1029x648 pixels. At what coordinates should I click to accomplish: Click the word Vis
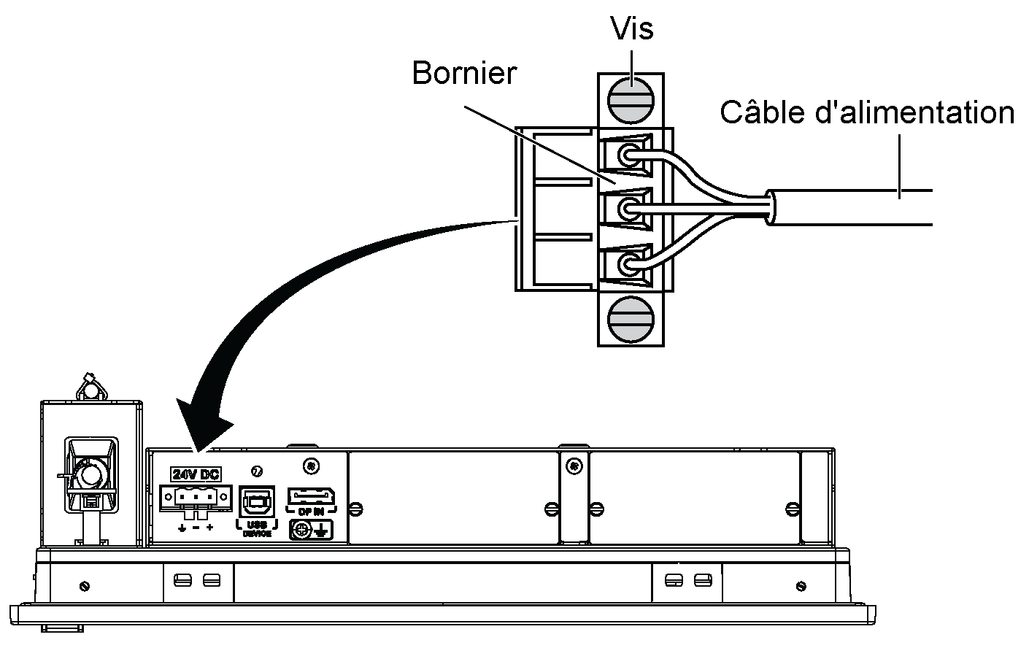coord(632,29)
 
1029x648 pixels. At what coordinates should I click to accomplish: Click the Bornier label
coord(464,74)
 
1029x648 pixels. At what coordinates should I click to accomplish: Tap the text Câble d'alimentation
coord(867,113)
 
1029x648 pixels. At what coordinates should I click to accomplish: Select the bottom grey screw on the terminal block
coord(631,318)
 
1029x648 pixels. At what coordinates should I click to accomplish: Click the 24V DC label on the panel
coord(195,474)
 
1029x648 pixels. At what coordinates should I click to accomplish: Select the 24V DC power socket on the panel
coord(194,498)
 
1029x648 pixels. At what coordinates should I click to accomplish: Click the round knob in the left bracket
coord(91,476)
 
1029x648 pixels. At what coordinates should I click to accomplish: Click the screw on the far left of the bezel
coord(84,585)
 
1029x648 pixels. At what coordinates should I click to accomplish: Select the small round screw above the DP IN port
coord(312,465)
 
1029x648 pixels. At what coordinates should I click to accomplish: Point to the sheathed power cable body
coord(847,208)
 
